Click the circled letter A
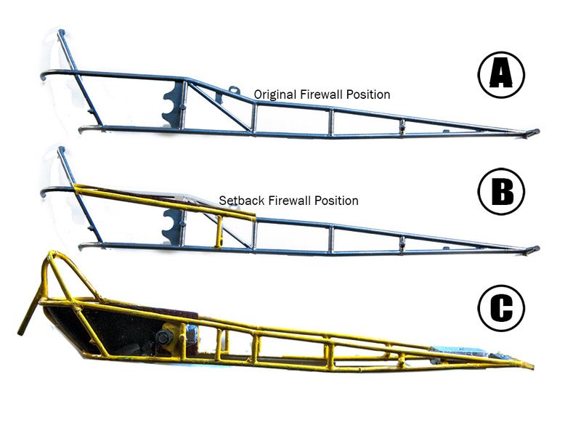[501, 75]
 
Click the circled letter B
[501, 192]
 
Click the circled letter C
[501, 307]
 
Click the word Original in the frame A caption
[275, 95]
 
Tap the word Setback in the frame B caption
[242, 201]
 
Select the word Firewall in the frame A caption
[321, 94]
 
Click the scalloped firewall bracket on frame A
[174, 105]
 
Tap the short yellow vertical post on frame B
[219, 232]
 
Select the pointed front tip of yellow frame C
[532, 367]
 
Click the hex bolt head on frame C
[164, 337]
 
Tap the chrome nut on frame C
[192, 333]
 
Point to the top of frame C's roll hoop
[52, 253]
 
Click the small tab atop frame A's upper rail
[232, 89]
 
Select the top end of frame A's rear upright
[61, 32]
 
